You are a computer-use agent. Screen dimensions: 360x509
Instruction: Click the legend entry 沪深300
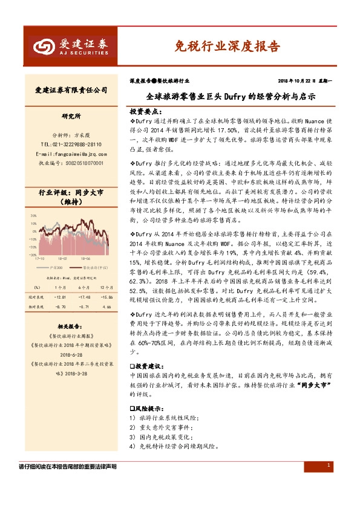click(x=57, y=266)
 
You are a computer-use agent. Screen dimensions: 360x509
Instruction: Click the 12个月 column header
click(x=106, y=287)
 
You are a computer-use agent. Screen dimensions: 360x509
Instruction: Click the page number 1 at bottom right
click(x=328, y=465)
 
